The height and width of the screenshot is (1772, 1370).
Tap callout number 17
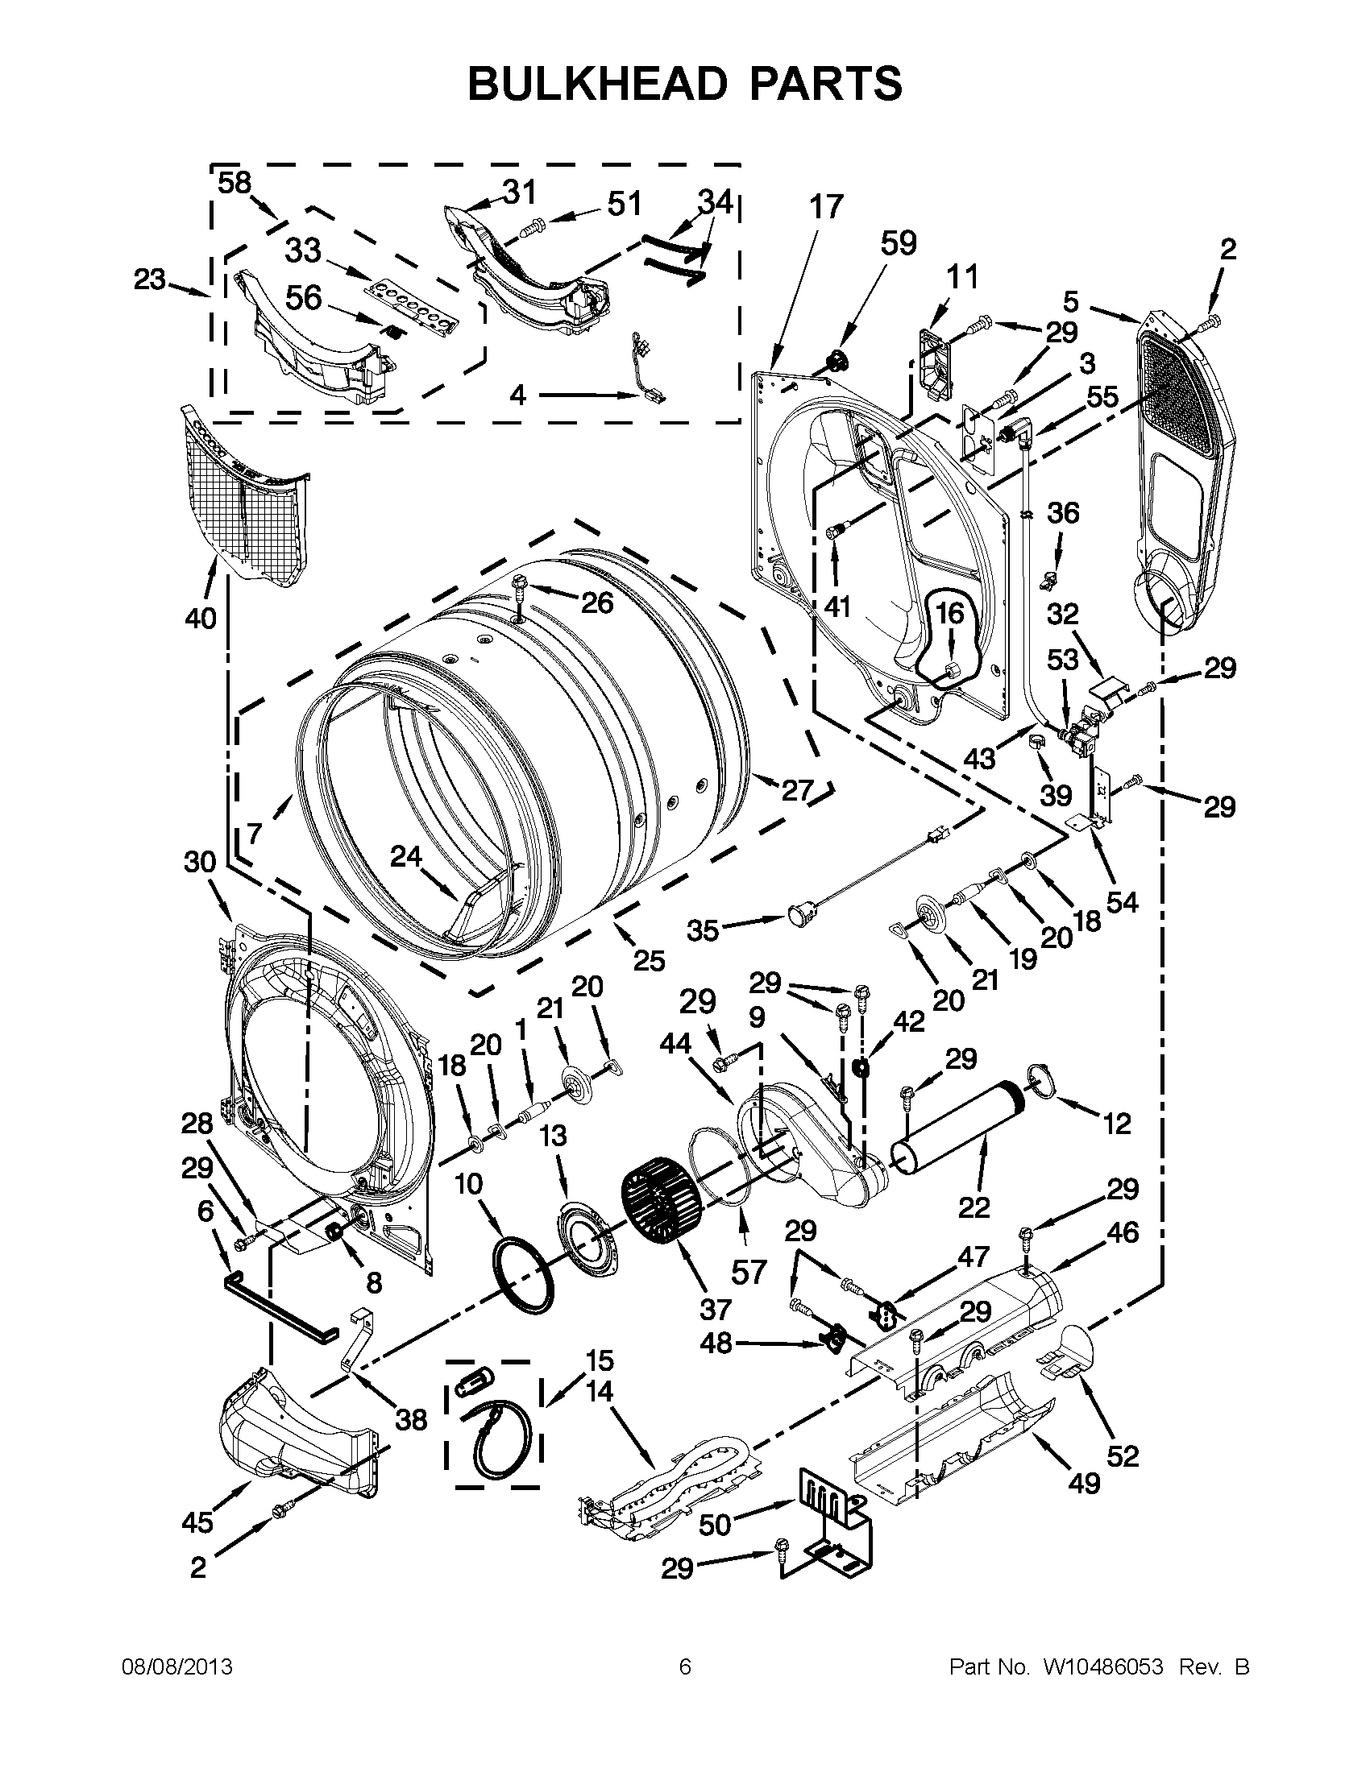click(x=825, y=207)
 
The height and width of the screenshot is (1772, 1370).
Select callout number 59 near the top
click(x=899, y=242)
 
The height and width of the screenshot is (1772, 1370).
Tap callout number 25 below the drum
click(x=649, y=960)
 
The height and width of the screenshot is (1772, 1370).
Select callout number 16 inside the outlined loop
click(x=950, y=612)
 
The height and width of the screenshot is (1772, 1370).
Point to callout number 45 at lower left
click(x=198, y=1522)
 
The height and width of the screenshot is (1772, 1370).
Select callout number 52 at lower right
click(x=1123, y=1455)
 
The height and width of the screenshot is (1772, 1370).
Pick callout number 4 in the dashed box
click(x=518, y=395)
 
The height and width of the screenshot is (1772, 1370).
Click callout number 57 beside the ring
click(x=748, y=1272)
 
